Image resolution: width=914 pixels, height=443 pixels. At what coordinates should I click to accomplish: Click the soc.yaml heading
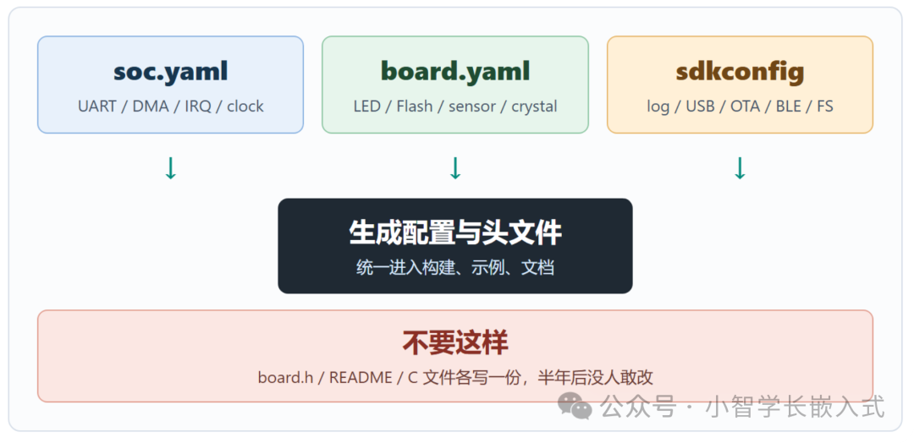coord(170,72)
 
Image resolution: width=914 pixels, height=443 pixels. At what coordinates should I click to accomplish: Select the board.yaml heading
coord(455,72)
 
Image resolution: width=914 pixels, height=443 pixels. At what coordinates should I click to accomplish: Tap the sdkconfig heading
coord(740,72)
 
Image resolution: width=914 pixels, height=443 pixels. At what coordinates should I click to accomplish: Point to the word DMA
coord(151,107)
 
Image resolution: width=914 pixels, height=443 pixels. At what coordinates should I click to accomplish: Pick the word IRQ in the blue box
coord(198,107)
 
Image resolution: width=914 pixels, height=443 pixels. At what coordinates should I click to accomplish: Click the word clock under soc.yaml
coord(245,107)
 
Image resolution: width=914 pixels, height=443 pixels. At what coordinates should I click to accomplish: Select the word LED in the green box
coord(366,107)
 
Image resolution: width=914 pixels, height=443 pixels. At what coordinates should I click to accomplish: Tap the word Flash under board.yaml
coord(415,107)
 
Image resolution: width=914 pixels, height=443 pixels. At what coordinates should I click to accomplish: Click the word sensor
coord(472,107)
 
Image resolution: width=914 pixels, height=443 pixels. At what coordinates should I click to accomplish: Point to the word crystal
coord(535,107)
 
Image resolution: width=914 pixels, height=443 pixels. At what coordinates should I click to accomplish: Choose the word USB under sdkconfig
coord(700,107)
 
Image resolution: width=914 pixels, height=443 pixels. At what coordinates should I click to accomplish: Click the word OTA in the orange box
coord(745,107)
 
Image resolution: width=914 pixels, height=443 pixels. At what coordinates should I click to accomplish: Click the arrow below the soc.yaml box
coord(170,168)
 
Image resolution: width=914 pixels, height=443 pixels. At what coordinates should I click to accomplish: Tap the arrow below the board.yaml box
coord(455,168)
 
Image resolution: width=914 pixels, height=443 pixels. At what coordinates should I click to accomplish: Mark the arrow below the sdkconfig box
coord(740,168)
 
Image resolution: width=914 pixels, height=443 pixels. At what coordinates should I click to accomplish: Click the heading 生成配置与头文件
coord(455,232)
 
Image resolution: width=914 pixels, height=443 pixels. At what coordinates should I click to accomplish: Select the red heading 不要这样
coord(455,343)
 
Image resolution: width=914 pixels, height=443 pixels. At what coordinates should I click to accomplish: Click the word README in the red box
coord(361,377)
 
